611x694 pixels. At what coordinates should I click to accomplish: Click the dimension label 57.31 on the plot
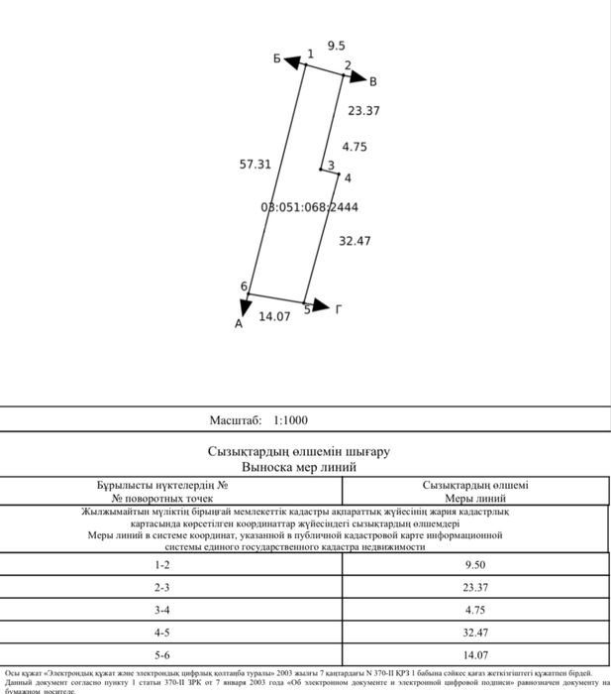point(255,165)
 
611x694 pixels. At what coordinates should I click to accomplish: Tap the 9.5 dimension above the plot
point(337,46)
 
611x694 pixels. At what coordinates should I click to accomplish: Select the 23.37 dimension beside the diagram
point(363,111)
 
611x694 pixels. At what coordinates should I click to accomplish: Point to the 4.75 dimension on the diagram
point(354,146)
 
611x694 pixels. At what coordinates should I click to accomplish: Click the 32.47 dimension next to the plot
point(355,241)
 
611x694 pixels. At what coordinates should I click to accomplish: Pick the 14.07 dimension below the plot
point(274,316)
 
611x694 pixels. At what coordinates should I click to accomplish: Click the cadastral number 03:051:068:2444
point(309,207)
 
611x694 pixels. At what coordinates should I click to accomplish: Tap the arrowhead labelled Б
point(292,62)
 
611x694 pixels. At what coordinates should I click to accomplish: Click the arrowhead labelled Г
point(320,306)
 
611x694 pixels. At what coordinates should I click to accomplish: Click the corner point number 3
point(331,165)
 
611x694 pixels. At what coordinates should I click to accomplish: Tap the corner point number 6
point(244,287)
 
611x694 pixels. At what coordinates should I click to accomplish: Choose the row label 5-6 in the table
point(162,654)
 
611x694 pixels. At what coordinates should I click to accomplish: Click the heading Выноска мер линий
point(298,466)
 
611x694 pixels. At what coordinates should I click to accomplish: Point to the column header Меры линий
point(474,499)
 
